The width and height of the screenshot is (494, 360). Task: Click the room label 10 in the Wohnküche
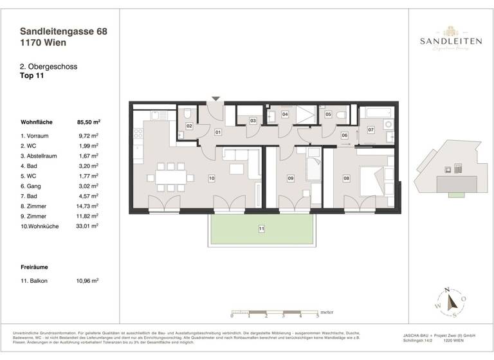tap(211, 177)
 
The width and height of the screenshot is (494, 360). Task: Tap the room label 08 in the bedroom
tap(346, 178)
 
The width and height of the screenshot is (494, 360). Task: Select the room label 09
tap(290, 178)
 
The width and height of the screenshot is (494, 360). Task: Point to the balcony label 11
tap(261, 228)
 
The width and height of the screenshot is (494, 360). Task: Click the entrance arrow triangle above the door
tap(216, 98)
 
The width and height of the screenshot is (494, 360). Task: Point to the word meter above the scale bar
tap(309, 308)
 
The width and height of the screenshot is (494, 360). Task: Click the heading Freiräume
tap(35, 265)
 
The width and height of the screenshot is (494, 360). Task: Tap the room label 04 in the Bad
tap(285, 114)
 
